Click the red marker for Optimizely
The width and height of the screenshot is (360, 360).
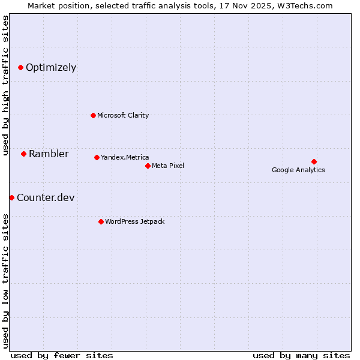coord(21,68)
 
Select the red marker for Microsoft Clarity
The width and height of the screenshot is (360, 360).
coord(93,115)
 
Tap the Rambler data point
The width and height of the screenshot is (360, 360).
coord(23,154)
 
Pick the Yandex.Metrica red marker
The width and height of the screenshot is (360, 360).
coord(97,157)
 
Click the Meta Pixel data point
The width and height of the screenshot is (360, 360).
coord(148,166)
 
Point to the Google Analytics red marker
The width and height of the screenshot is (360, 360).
coord(314,161)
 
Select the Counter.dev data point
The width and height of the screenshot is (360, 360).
coord(11,197)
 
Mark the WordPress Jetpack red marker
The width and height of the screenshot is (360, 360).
coord(101,221)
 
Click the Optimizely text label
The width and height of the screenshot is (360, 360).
coord(51,68)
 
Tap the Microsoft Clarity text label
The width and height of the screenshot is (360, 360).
coord(123,115)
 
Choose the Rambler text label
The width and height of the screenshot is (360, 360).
coord(49,154)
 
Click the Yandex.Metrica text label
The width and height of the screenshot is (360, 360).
coord(125,157)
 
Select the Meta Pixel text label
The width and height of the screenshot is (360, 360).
coord(168,166)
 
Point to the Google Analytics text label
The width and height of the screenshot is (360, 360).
coord(298,170)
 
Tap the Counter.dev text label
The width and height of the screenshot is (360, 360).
coord(46,198)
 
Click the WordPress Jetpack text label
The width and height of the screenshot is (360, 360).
coord(134,221)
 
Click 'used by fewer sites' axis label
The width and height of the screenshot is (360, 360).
coord(62,355)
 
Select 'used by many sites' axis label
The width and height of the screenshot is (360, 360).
coord(301,355)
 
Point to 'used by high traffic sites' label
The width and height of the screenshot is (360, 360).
coord(5,85)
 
